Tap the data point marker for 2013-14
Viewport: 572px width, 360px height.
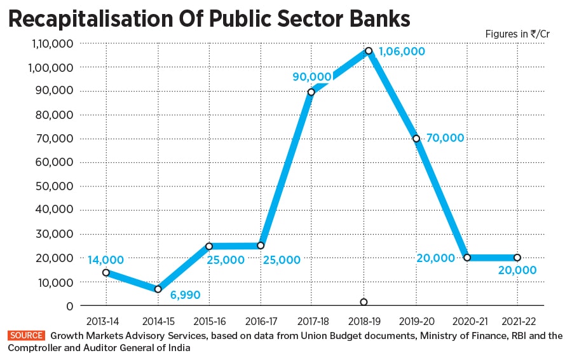(x=106, y=272)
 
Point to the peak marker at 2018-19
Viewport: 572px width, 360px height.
(x=368, y=50)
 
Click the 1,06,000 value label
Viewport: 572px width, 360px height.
(x=402, y=52)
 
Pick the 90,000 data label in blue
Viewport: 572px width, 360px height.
(x=311, y=77)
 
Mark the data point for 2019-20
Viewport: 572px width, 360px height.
(x=416, y=139)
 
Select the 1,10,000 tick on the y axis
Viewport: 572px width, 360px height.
(x=49, y=43)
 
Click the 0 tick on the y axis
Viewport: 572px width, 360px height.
(x=69, y=306)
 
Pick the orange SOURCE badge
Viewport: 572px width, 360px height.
(x=27, y=335)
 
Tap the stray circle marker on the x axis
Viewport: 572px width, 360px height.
(x=364, y=302)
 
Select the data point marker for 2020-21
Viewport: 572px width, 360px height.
(x=467, y=258)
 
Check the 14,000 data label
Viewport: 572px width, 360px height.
(x=106, y=260)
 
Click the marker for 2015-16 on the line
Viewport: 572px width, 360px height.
(x=208, y=246)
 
